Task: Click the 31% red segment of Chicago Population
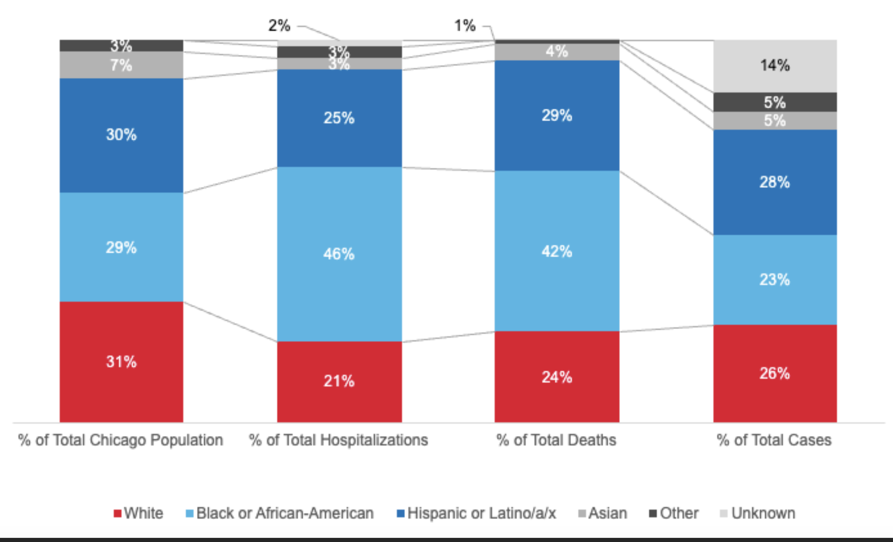click(121, 362)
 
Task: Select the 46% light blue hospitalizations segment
click(339, 254)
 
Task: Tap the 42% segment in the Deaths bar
click(557, 251)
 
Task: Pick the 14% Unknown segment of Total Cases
click(775, 65)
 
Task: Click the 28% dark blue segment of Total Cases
click(775, 182)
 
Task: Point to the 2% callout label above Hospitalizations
click(280, 25)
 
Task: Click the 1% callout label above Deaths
click(464, 25)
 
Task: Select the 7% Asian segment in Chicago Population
click(121, 65)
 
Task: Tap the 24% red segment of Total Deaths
click(557, 377)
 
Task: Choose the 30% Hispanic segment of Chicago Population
click(121, 135)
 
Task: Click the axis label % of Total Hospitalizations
click(339, 440)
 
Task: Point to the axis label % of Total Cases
click(774, 440)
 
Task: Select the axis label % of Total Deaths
click(556, 440)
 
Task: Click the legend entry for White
click(138, 513)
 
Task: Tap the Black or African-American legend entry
click(280, 513)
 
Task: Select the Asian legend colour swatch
click(582, 513)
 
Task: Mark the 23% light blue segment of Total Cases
click(775, 279)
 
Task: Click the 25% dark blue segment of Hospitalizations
click(339, 118)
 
